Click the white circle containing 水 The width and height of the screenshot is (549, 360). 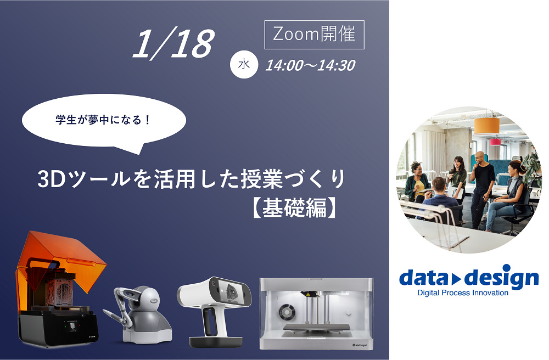(244, 65)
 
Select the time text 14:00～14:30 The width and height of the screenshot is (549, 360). (310, 66)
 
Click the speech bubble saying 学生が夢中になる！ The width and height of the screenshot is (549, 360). (103, 122)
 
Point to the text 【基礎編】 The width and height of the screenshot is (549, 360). (294, 208)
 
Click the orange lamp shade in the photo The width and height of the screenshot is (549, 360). (486, 126)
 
